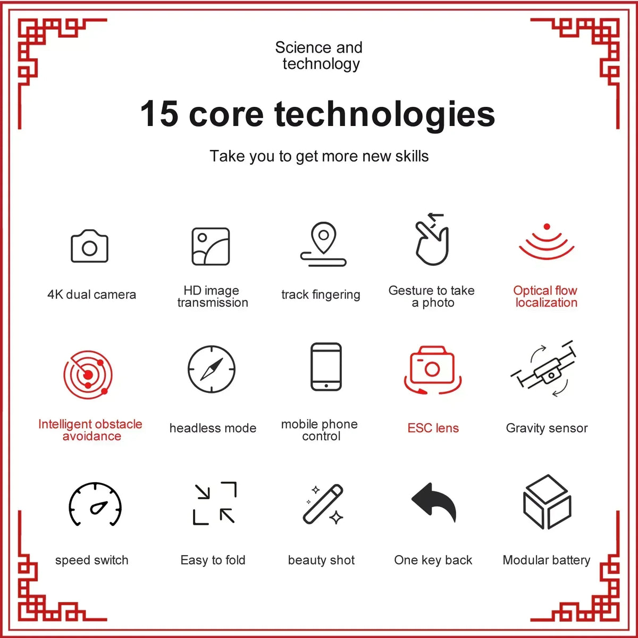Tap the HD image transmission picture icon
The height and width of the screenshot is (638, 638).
(x=211, y=246)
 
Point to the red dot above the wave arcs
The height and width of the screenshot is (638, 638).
(x=547, y=226)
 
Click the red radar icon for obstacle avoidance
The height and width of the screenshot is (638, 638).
(x=88, y=375)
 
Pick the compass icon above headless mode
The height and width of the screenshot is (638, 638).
(x=212, y=369)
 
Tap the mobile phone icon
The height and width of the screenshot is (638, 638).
(x=326, y=367)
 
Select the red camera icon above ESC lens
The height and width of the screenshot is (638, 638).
(x=432, y=370)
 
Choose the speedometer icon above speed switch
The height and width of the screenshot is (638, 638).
(x=95, y=504)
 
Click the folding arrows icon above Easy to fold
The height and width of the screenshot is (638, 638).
(x=215, y=503)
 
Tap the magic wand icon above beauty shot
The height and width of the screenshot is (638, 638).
(x=323, y=504)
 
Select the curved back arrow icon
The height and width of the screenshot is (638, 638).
(x=434, y=501)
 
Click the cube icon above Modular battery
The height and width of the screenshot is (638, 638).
(x=547, y=502)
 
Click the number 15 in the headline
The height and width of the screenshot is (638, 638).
(x=159, y=114)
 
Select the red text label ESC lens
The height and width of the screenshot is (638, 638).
(x=433, y=428)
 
